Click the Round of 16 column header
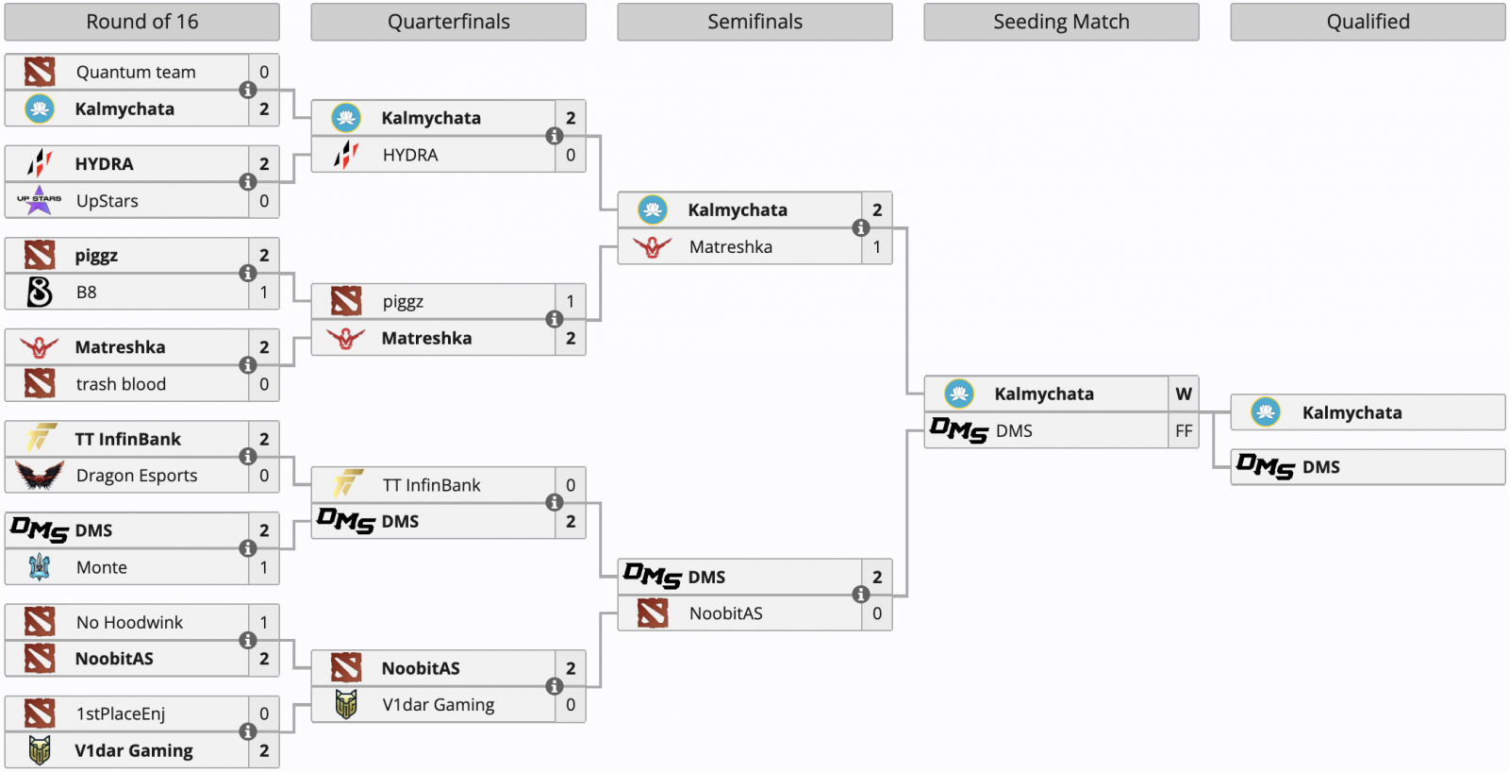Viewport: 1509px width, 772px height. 141,22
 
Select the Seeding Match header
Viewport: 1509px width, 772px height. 1061,22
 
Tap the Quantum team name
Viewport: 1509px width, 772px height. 136,72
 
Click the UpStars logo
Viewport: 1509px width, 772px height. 39,200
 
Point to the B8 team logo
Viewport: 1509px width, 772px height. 40,293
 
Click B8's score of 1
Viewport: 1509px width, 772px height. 264,293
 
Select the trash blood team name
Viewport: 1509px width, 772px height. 121,384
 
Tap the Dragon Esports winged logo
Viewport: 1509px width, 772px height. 40,475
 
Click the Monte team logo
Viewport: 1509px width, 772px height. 40,567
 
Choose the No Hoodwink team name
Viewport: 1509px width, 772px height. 129,622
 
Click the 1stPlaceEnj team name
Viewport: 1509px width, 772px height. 121,713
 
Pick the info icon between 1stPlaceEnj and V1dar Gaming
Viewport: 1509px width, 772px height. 248,731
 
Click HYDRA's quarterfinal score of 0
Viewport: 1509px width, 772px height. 571,155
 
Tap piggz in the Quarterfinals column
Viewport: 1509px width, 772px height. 403,302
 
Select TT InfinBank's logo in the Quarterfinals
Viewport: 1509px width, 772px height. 346,484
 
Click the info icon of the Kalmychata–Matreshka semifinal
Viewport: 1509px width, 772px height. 861,227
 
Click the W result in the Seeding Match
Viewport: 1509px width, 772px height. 1184,394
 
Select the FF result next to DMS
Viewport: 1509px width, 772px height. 1184,431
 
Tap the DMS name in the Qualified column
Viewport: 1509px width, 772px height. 1320,467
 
